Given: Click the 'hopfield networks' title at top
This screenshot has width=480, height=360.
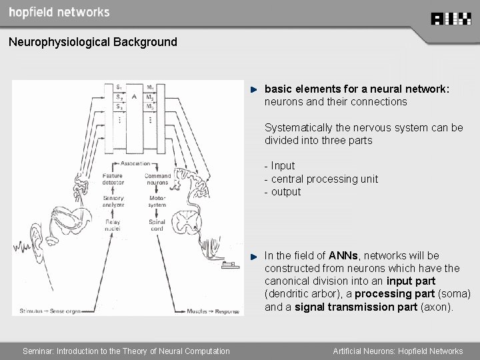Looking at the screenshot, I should tap(59, 12).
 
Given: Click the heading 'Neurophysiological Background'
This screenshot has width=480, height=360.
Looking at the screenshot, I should tap(93, 42).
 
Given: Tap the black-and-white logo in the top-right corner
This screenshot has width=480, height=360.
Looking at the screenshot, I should tap(451, 19).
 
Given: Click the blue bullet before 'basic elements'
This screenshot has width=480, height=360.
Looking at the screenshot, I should tap(254, 89).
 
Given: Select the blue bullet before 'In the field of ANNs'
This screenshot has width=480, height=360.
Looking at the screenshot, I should tap(254, 256).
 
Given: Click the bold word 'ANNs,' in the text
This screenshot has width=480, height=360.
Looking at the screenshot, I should tap(344, 255).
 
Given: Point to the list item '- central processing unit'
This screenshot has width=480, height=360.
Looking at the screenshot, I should tap(321, 179).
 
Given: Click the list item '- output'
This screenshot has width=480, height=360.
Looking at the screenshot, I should tap(283, 192).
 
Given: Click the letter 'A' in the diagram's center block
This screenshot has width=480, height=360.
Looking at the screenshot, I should tap(134, 97).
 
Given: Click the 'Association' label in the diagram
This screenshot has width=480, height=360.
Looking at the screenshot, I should tap(135, 163).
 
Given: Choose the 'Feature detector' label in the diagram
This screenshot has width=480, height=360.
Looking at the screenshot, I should tap(113, 179).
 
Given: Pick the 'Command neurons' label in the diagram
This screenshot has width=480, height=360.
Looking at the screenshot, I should tap(157, 179).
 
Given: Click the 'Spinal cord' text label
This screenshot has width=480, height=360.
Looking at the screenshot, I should tap(157, 225).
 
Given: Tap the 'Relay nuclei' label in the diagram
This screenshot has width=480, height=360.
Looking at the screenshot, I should tap(113, 225).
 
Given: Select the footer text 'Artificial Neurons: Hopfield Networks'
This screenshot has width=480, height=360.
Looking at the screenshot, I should tap(398, 351).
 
